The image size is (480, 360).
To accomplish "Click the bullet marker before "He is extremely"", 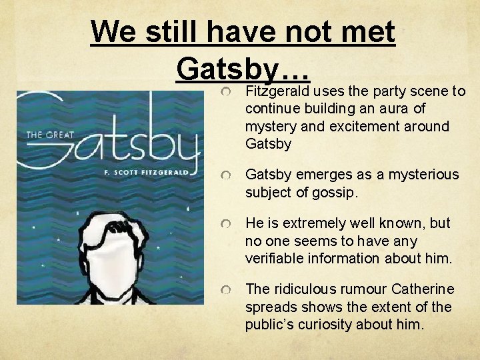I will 227,223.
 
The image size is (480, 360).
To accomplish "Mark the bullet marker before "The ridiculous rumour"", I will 227,289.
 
